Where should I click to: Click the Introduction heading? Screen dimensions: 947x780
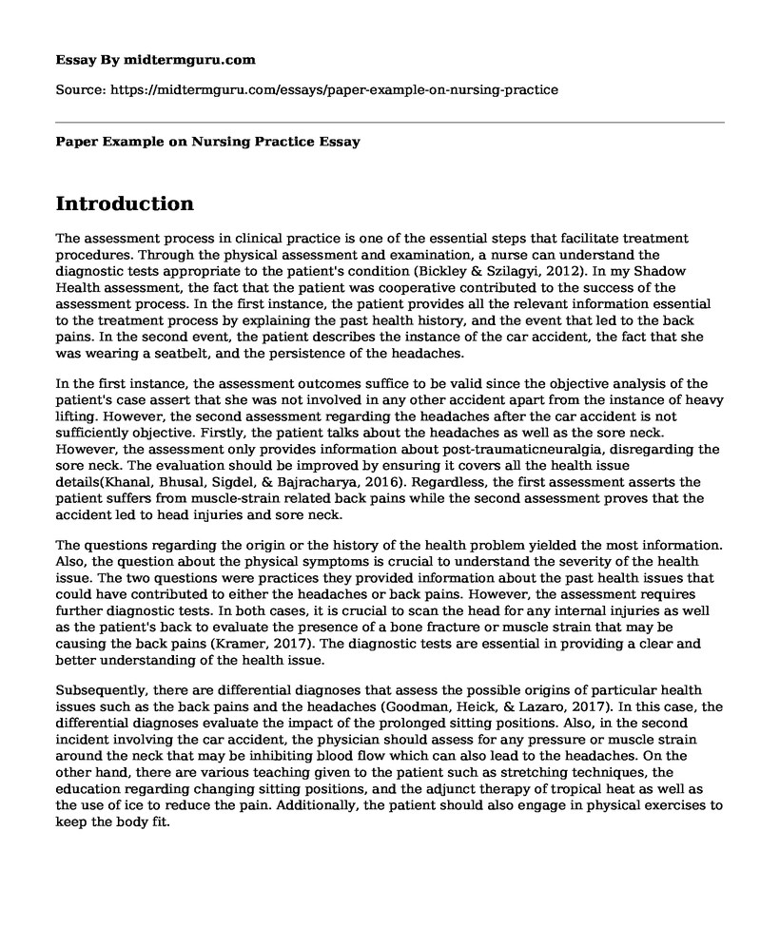click(126, 203)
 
